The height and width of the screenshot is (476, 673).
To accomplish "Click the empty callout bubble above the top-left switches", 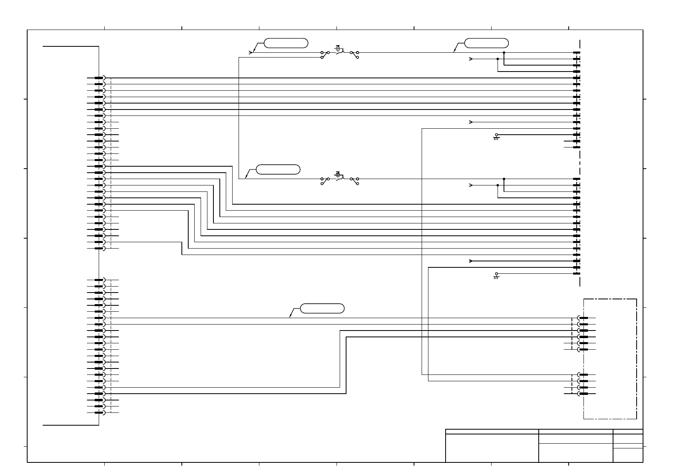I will [x=286, y=43].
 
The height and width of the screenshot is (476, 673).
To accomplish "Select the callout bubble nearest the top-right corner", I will [x=487, y=43].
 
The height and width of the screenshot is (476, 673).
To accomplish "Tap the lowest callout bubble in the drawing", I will [x=322, y=308].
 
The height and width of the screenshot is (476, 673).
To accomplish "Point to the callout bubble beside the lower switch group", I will [x=278, y=169].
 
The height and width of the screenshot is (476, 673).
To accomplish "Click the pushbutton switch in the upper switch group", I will [x=339, y=50].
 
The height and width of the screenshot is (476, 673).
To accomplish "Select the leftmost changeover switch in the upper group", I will [x=325, y=54].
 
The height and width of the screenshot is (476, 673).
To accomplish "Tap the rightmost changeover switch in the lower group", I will [x=354, y=181].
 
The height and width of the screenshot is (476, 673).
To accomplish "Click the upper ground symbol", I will [x=496, y=137].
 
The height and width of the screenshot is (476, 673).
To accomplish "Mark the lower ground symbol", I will [x=496, y=276].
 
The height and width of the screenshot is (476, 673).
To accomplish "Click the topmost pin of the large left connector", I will [x=100, y=78].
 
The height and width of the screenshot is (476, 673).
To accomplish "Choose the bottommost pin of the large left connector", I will [x=100, y=412].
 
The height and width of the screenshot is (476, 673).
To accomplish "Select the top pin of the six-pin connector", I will [x=583, y=318].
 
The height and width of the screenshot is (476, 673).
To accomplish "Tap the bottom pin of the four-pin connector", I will [x=583, y=394].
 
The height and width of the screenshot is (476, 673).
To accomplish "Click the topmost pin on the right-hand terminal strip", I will [x=576, y=52].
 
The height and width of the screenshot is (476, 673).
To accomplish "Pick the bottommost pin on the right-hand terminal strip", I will [x=576, y=274].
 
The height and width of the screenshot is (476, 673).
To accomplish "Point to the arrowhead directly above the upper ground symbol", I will [x=471, y=122].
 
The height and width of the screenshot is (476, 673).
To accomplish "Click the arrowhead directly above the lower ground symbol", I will [x=471, y=261].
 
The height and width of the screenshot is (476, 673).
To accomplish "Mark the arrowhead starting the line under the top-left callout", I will [x=251, y=52].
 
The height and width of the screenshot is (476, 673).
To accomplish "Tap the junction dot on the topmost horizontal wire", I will [x=504, y=52].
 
